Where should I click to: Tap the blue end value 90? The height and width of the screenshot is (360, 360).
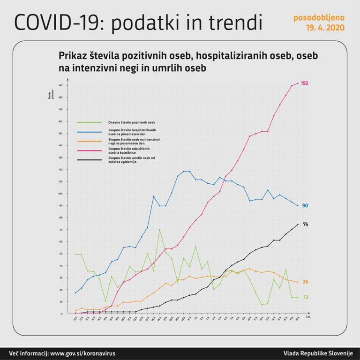pyautogui.click(x=305, y=206)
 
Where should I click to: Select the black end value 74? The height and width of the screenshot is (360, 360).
pyautogui.click(x=305, y=225)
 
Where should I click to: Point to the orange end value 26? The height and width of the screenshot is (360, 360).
pyautogui.click(x=305, y=282)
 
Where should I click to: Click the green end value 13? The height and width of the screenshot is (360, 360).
pyautogui.click(x=305, y=298)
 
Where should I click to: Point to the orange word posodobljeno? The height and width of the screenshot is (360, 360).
pyautogui.click(x=319, y=18)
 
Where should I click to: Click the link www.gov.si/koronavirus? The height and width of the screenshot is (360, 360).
pyautogui.click(x=82, y=353)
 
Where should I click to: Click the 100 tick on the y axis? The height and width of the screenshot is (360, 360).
pyautogui.click(x=60, y=193)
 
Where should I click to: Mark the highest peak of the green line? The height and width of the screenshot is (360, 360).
pyautogui.click(x=159, y=229)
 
